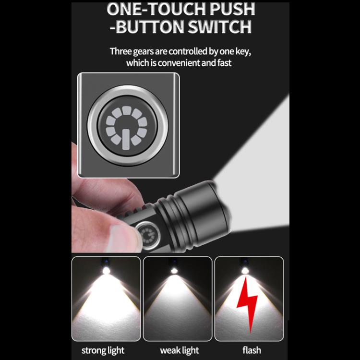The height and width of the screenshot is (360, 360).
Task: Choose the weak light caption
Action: [179, 350]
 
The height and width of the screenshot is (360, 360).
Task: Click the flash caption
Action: [250, 350]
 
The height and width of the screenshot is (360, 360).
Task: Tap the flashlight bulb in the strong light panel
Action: [106, 270]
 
